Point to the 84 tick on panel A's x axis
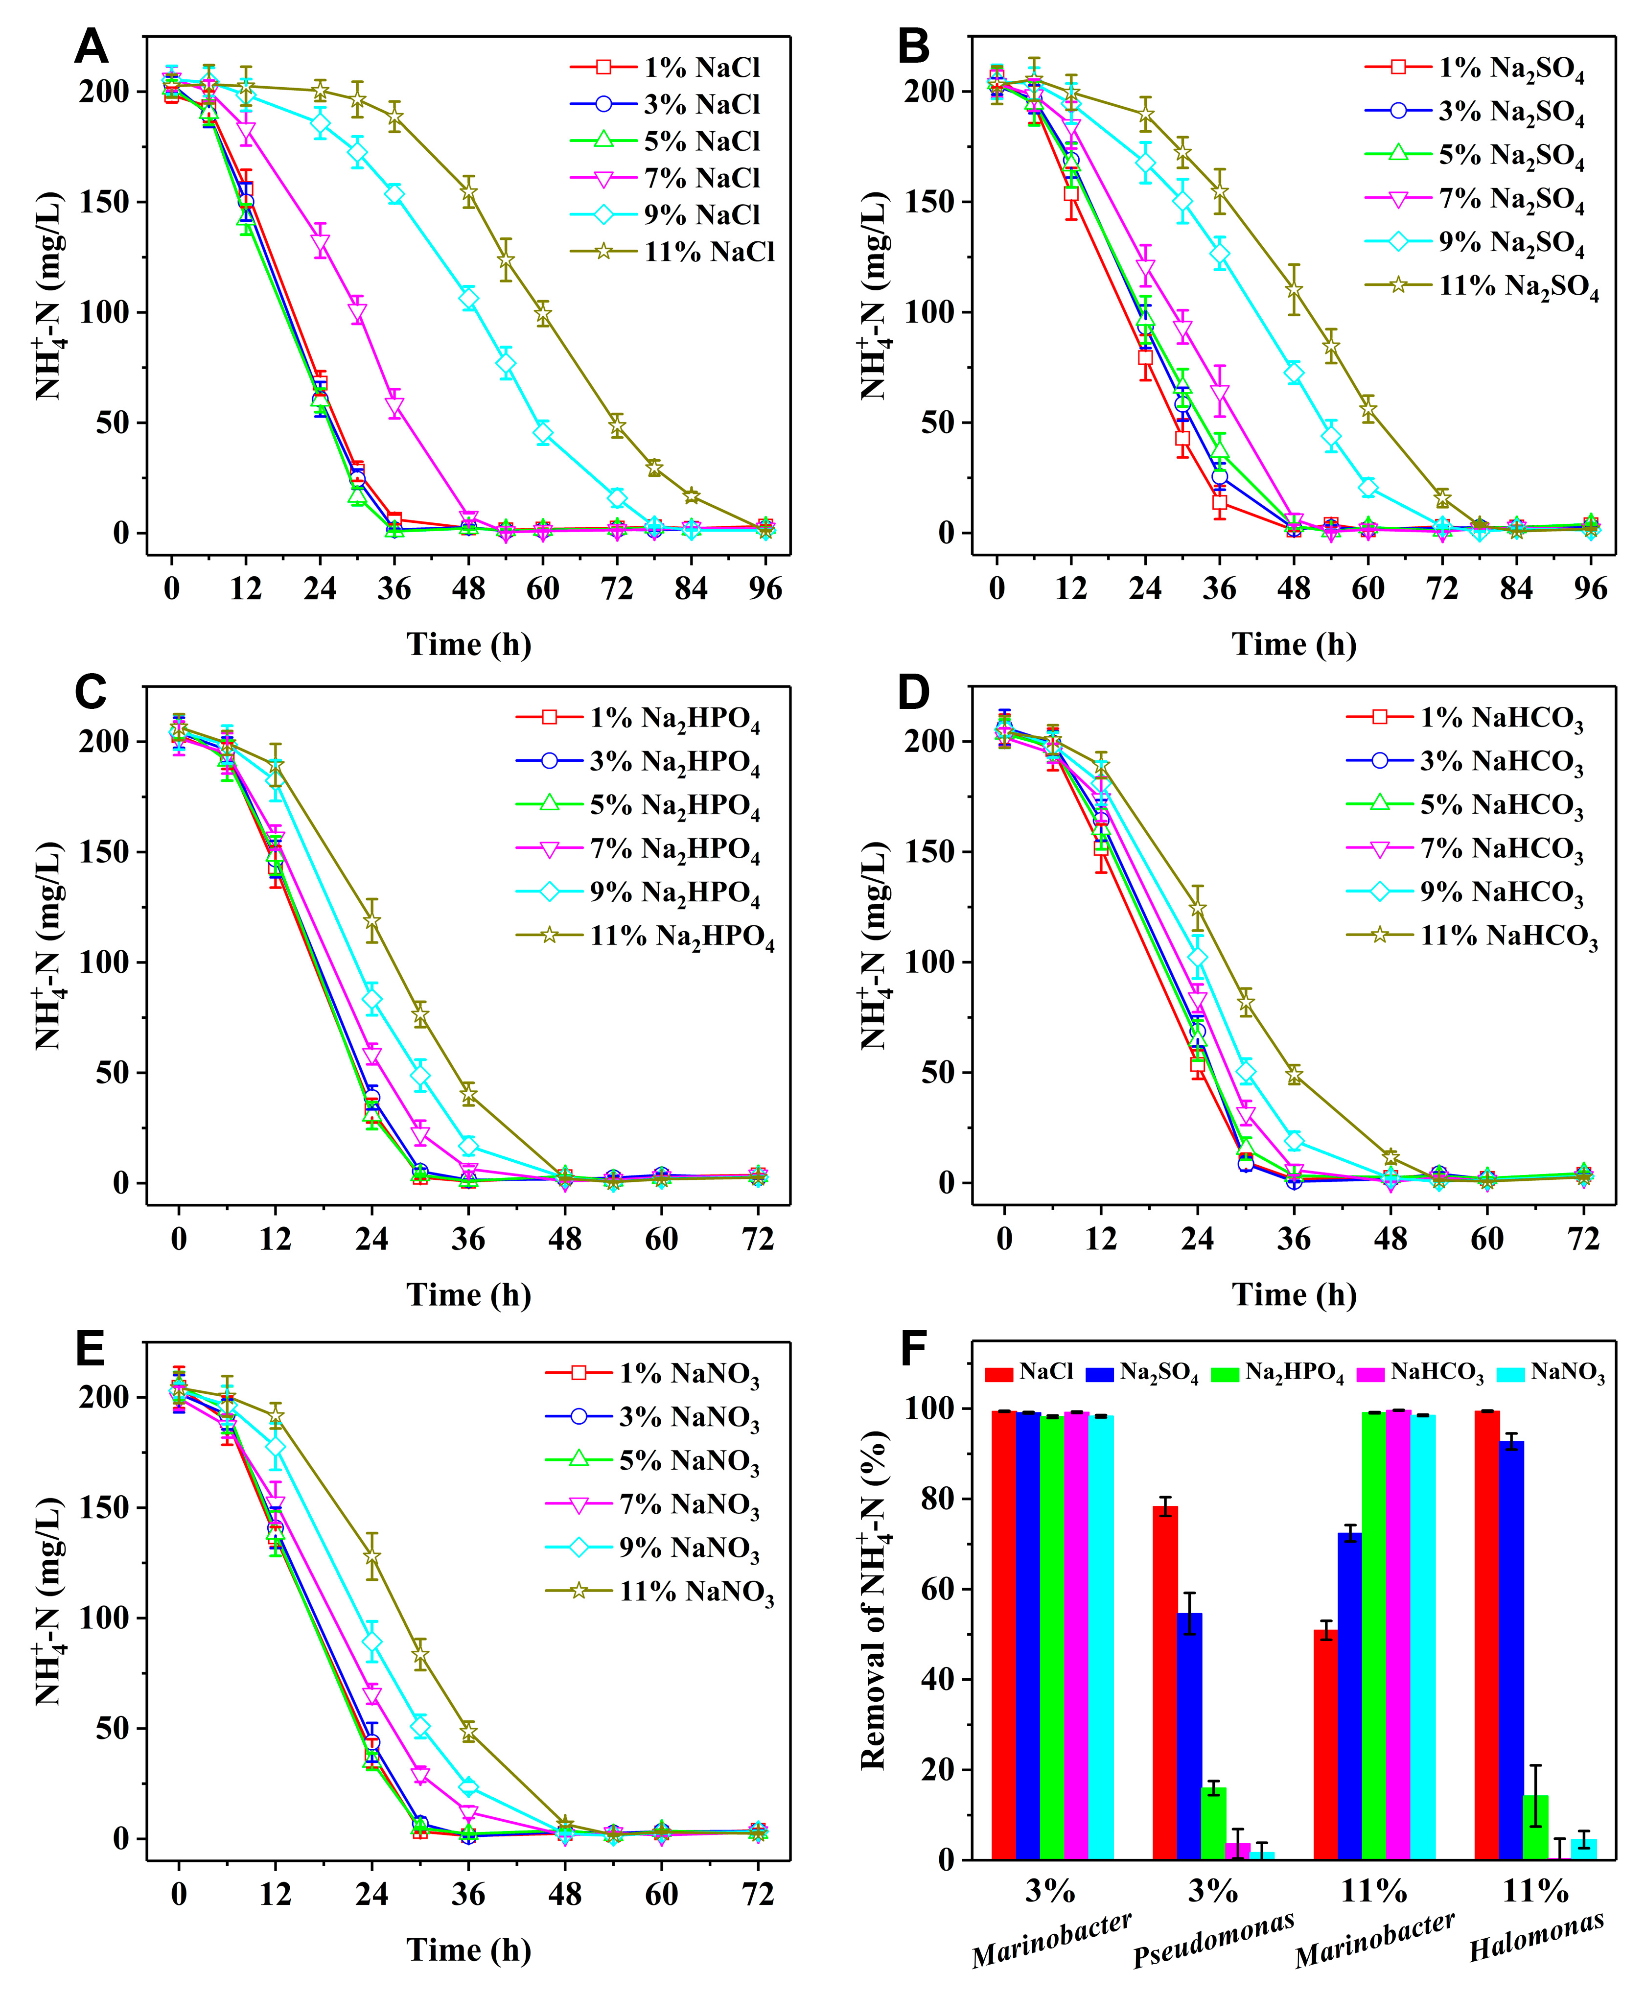(x=691, y=589)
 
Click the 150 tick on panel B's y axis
(x=928, y=202)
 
